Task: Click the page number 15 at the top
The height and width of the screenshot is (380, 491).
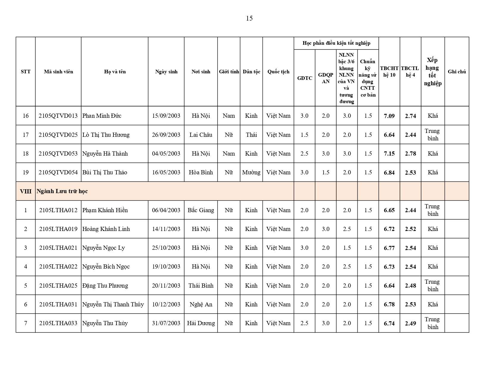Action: [x=249, y=18]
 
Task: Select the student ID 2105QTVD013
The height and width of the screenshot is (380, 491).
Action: [x=58, y=116]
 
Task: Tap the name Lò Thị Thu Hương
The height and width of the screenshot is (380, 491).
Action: [x=106, y=135]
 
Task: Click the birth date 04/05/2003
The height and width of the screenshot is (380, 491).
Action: [x=166, y=153]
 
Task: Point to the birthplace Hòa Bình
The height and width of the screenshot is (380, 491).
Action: [x=201, y=172]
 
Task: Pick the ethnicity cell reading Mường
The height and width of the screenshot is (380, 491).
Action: [x=251, y=172]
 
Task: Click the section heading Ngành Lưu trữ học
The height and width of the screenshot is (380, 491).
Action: [x=62, y=191]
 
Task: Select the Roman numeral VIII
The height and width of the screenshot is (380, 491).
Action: [x=26, y=191]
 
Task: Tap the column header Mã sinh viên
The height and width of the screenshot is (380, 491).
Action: [x=58, y=72]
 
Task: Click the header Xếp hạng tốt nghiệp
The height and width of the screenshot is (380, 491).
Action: [x=433, y=72]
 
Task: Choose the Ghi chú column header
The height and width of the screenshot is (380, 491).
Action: [x=457, y=72]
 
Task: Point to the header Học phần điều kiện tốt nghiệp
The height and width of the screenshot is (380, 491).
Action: [x=336, y=43]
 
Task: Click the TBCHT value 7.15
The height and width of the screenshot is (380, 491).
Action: [x=389, y=153]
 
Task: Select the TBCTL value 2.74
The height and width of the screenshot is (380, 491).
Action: [x=410, y=116]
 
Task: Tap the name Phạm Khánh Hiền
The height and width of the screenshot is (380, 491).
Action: [x=105, y=210]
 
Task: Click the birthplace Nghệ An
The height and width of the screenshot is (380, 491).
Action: [x=201, y=304]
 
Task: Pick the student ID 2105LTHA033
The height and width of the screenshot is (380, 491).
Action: [x=58, y=323]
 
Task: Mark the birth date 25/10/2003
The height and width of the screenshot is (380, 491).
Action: [x=166, y=248]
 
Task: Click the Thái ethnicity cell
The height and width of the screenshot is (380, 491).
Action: [x=251, y=135]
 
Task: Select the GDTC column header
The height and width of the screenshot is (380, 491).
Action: [x=305, y=78]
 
